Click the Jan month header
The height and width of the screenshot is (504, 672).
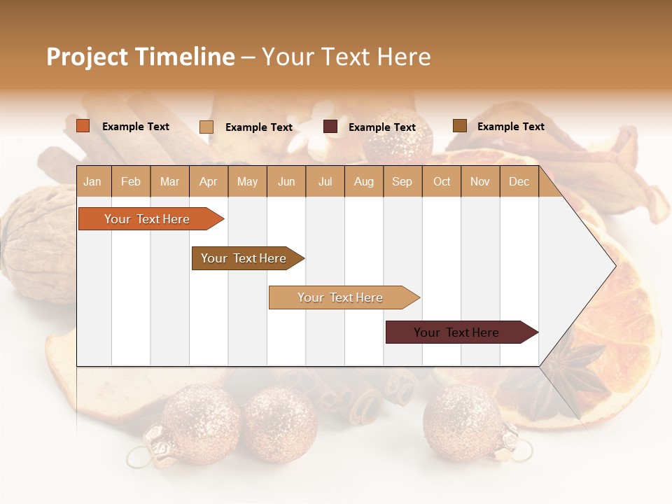[x=92, y=182]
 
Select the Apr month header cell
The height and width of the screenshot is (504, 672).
[x=209, y=182]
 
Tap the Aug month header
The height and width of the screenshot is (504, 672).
[x=364, y=182]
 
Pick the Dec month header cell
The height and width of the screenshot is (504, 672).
[x=519, y=182]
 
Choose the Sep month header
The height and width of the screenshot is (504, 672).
[x=402, y=182]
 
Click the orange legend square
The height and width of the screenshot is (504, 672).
[x=83, y=126]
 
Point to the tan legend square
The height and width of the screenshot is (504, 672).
[x=206, y=127]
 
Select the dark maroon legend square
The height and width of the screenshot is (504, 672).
[x=330, y=127]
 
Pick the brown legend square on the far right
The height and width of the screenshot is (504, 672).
[x=460, y=126]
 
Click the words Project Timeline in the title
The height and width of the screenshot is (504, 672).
[x=141, y=57]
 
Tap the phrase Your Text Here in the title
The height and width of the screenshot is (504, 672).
[x=346, y=57]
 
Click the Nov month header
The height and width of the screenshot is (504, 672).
[x=480, y=182]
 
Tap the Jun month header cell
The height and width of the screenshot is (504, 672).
[x=286, y=182]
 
